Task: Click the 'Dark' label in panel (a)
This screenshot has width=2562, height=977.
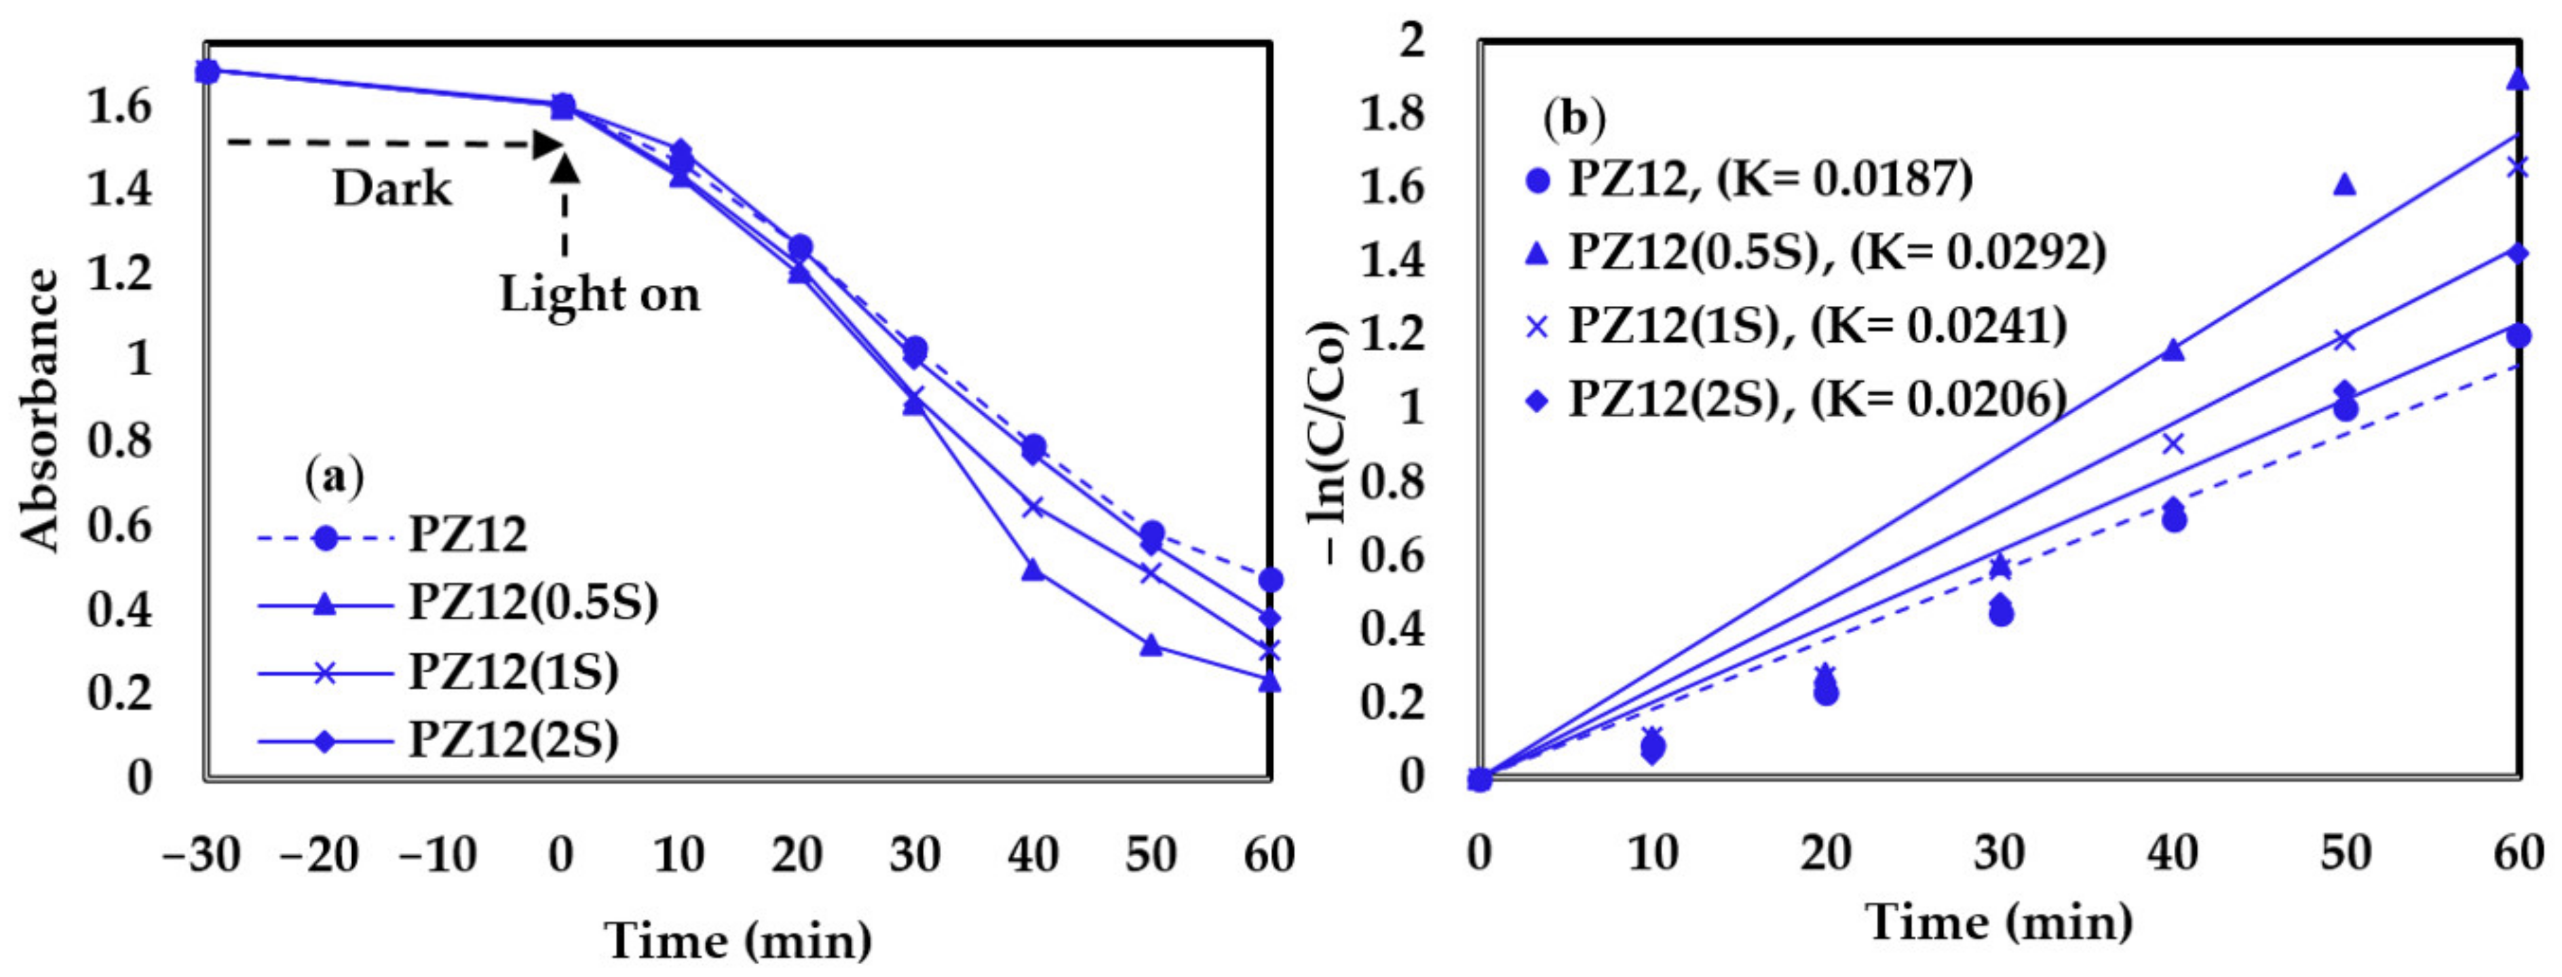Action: [392, 188]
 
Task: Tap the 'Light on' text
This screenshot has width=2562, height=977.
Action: [600, 294]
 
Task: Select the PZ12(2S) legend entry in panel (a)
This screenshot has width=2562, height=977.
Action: [513, 740]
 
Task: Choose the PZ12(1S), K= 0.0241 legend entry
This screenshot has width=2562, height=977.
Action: [1816, 326]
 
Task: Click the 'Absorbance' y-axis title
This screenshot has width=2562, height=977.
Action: [41, 410]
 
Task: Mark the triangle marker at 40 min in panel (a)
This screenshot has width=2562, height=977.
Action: [1033, 570]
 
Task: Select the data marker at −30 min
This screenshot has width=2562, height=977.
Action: [207, 72]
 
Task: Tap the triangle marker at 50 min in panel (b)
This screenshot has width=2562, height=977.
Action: [2344, 184]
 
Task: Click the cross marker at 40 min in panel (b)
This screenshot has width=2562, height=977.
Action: [2173, 444]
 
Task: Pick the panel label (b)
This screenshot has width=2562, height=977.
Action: [1574, 119]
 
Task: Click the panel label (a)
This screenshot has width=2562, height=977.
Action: [334, 478]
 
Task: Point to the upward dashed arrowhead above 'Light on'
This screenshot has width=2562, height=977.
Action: [565, 167]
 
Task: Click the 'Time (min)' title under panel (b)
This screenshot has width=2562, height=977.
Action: [1998, 922]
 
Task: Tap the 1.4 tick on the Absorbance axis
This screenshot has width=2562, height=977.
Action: [119, 188]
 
